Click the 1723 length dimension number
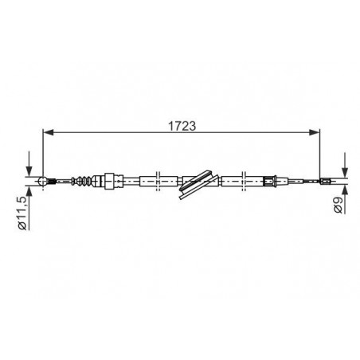pyautogui.click(x=182, y=126)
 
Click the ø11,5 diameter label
pyautogui.click(x=22, y=213)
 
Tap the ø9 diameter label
pyautogui.click(x=338, y=205)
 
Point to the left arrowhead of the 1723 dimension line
pyautogui.click(x=48, y=132)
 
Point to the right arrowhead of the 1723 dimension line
pyautogui.click(x=315, y=132)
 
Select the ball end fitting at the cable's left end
pyautogui.click(x=42, y=182)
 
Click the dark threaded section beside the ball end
pyautogui.click(x=52, y=182)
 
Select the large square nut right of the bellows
pyautogui.click(x=109, y=181)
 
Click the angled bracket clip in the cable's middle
pyautogui.click(x=199, y=184)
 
